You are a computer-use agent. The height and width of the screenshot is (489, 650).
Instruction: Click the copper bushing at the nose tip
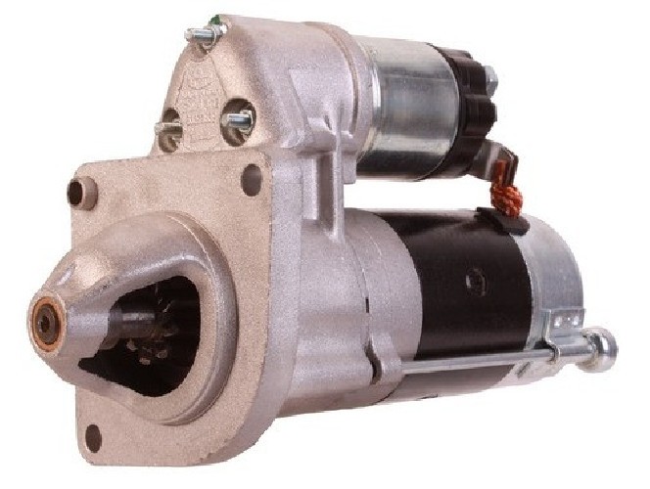point(45,318)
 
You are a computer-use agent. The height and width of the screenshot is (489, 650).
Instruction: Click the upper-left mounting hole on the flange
point(75,193)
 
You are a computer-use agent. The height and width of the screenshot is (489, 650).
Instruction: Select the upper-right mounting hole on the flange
point(252,180)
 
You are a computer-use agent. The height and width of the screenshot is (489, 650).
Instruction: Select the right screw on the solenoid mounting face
point(238,121)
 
